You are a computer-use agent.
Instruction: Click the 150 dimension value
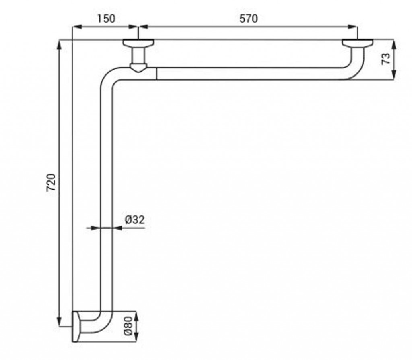pyautogui.click(x=106, y=19)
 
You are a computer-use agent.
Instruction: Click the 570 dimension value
pyautogui.click(x=249, y=19)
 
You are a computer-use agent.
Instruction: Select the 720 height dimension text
pyautogui.click(x=51, y=182)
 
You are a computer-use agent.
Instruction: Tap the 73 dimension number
pyautogui.click(x=386, y=58)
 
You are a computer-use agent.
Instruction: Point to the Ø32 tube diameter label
pyautogui.click(x=135, y=220)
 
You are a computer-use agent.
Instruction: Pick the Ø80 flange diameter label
pyautogui.click(x=128, y=326)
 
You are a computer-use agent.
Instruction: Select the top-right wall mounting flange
pyautogui.click(x=357, y=43)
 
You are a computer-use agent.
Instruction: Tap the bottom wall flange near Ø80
pyautogui.click(x=76, y=326)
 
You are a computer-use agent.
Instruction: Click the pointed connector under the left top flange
pyautogui.click(x=138, y=68)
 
